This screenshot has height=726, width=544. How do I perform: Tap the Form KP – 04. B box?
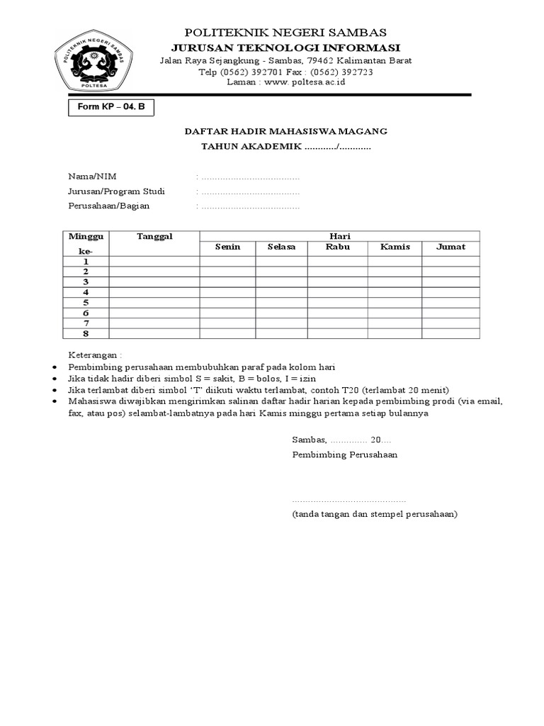click(x=110, y=108)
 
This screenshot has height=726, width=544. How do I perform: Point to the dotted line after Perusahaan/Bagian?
click(x=250, y=207)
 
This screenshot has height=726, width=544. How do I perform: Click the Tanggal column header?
click(x=154, y=236)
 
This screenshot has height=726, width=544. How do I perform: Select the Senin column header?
click(x=228, y=247)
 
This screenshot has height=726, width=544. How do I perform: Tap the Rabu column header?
click(x=338, y=247)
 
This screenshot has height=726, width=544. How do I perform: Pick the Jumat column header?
click(x=450, y=247)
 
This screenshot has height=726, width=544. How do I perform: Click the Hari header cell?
click(x=340, y=236)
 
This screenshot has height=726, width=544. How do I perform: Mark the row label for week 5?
click(x=86, y=302)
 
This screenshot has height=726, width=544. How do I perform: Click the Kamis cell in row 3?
click(x=395, y=281)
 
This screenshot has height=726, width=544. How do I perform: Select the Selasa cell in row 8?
click(x=281, y=333)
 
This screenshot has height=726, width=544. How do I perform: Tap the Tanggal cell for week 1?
click(x=154, y=261)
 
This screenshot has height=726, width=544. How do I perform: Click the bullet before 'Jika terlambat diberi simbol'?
click(x=56, y=390)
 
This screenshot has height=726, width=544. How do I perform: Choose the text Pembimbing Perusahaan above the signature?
click(x=345, y=454)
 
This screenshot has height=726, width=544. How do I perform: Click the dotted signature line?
click(x=349, y=501)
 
